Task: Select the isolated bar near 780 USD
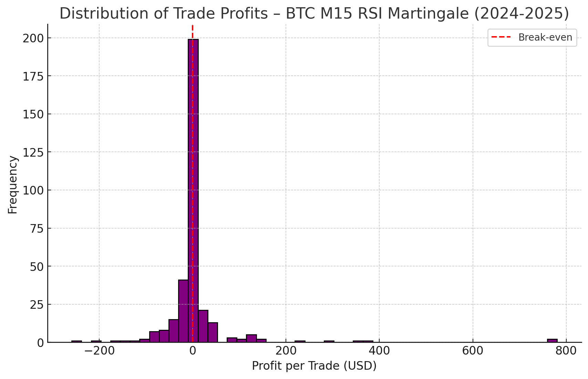552,340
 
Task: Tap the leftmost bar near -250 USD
76,341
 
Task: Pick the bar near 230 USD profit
300,341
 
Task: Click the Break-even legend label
545,38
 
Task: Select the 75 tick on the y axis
35,228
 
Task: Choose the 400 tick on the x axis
379,351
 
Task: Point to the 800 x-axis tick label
566,351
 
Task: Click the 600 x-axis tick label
473,351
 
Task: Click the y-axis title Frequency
13,185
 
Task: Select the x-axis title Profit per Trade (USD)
314,366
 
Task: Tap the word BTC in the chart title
298,14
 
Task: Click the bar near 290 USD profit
329,341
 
